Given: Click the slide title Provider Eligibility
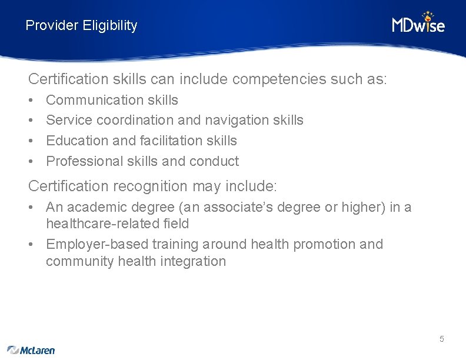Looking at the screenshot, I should point(81,25).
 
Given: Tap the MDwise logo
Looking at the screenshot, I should point(418,23).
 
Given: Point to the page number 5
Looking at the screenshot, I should point(441,339).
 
